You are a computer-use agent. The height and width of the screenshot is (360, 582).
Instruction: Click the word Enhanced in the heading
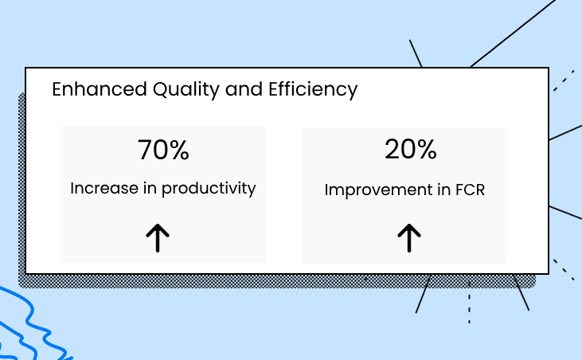[x=100, y=89]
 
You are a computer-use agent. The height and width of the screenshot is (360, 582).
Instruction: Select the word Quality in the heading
[x=186, y=90]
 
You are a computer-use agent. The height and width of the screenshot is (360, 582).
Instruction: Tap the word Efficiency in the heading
[x=313, y=90]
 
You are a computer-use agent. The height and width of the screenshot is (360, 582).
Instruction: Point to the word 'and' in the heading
[x=244, y=89]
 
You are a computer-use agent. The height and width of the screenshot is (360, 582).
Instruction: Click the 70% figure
[x=163, y=150]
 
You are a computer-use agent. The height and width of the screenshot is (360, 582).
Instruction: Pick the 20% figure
[x=411, y=149]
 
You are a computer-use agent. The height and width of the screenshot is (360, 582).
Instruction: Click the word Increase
[x=104, y=188]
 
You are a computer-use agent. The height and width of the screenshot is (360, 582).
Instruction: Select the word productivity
[x=209, y=189]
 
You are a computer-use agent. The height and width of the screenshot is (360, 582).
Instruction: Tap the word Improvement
[x=377, y=190]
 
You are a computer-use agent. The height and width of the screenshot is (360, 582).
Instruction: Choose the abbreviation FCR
[x=470, y=190]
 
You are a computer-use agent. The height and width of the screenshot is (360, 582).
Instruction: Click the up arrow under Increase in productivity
[x=158, y=238]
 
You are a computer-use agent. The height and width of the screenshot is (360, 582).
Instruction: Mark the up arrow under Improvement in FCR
[x=409, y=238]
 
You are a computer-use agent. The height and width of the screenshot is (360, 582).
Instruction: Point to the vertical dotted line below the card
[x=469, y=303]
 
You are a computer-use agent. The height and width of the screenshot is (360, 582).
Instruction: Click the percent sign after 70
[x=180, y=150]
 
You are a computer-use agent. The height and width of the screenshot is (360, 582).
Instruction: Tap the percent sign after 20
[x=427, y=150]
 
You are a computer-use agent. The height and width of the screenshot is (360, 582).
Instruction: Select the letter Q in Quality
[x=160, y=89]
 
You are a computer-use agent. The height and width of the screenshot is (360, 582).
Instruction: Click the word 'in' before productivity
[x=150, y=188]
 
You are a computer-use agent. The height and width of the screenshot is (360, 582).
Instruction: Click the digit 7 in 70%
[x=145, y=150]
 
